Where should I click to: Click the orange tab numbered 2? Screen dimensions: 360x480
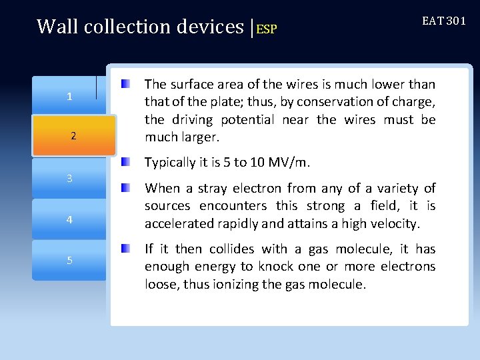(x=73, y=136)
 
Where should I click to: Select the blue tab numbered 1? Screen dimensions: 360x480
(x=69, y=97)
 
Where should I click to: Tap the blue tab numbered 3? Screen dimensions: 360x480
(x=69, y=179)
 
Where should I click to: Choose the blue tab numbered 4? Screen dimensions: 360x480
(x=69, y=219)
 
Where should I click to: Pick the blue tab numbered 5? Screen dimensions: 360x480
(x=69, y=260)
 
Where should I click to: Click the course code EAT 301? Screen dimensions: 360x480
(x=444, y=21)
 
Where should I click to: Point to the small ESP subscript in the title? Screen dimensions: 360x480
(x=267, y=29)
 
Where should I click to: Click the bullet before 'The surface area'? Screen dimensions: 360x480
(x=125, y=85)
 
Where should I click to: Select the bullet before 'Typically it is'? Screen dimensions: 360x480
(x=125, y=162)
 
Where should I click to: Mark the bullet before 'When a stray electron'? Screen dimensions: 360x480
(x=125, y=188)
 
